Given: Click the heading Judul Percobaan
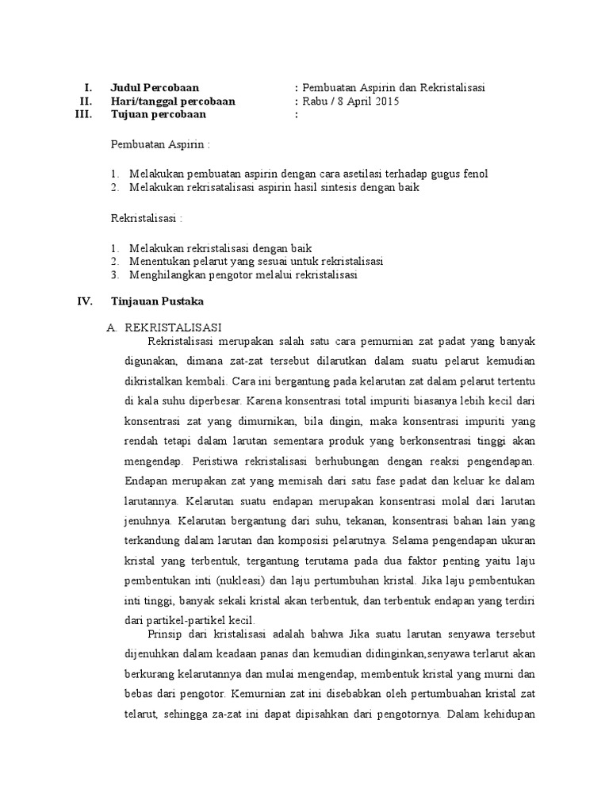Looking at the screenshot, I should [155, 87].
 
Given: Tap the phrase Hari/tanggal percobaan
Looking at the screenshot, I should [173, 101].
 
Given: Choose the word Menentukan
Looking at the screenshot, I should [159, 261].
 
